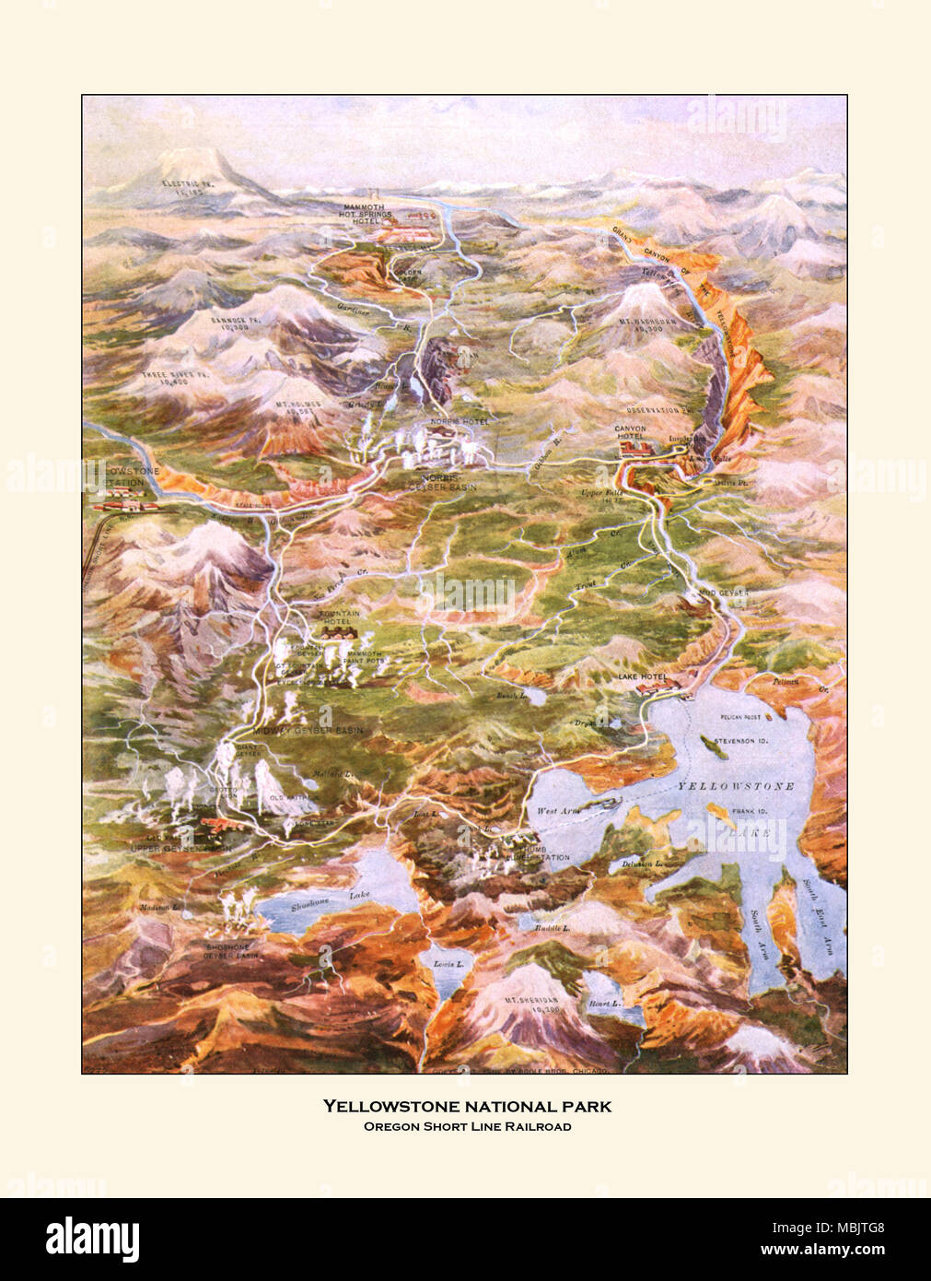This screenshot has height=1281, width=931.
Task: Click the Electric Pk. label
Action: (180, 187)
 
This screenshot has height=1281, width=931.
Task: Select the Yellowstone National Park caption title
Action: (465, 1105)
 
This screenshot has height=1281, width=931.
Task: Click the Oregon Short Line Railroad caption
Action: (465, 1126)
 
